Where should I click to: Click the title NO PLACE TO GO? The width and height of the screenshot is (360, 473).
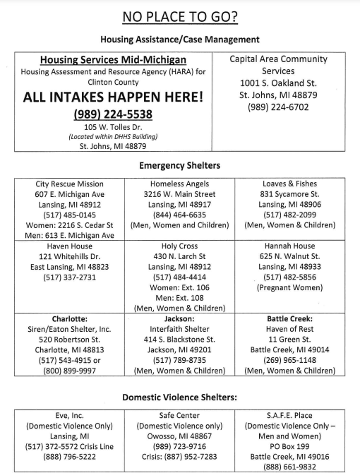(x=179, y=16)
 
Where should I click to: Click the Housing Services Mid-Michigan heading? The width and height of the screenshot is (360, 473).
(x=113, y=61)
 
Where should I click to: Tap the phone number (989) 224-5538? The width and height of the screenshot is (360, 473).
(x=113, y=114)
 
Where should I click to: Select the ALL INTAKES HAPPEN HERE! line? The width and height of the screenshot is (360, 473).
(x=113, y=97)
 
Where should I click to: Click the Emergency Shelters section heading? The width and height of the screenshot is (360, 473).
(x=179, y=165)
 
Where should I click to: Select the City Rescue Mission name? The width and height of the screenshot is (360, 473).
(x=70, y=184)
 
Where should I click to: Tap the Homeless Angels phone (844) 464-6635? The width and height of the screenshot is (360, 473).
(x=179, y=215)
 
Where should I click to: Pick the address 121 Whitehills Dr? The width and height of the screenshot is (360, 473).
(x=70, y=256)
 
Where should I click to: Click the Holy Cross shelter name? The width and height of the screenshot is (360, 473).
(x=179, y=246)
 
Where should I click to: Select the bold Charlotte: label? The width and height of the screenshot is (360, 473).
(x=70, y=318)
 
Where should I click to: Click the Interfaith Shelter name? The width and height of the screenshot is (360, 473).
(x=179, y=328)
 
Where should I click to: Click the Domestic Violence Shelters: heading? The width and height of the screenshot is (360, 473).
(x=179, y=397)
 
